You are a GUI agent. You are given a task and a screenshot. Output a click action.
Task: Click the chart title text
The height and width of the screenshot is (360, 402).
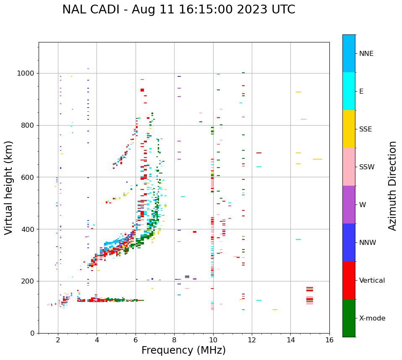point(178,10)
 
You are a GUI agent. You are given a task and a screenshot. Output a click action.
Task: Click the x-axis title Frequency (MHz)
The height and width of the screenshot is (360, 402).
point(183,350)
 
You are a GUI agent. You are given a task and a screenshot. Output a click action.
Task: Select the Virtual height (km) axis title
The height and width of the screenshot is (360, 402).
point(9,187)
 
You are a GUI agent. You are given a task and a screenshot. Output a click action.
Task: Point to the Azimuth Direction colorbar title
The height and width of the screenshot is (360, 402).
point(392,186)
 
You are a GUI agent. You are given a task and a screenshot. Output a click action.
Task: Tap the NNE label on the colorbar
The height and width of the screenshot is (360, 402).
point(366,54)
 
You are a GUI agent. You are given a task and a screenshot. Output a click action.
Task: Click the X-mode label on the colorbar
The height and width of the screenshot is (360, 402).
point(372,318)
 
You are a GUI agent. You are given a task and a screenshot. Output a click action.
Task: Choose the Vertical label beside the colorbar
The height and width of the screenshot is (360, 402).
point(372,281)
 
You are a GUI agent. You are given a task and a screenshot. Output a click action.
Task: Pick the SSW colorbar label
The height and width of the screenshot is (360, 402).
point(367,167)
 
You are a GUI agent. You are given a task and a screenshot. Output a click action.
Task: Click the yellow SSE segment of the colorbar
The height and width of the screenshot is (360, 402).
point(349,129)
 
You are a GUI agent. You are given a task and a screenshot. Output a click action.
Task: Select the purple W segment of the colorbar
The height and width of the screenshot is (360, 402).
point(349,205)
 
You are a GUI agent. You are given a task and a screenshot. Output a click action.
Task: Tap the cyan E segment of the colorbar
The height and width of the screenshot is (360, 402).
point(349,91)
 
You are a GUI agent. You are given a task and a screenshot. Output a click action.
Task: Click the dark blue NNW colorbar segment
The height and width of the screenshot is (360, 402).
point(349,242)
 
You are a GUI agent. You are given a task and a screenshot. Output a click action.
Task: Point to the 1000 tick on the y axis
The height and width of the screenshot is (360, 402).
point(26,73)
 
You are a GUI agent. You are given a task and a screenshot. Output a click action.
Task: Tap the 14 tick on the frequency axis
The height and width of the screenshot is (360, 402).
point(290,340)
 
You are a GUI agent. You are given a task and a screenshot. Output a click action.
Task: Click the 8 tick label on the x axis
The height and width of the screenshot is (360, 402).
point(174,340)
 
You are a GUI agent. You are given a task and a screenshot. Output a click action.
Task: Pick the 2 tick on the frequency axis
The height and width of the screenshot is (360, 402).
point(58,340)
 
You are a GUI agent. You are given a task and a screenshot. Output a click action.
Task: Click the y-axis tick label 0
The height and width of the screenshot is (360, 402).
point(33,333)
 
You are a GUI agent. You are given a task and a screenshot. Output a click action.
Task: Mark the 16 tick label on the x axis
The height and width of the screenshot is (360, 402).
point(329,340)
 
